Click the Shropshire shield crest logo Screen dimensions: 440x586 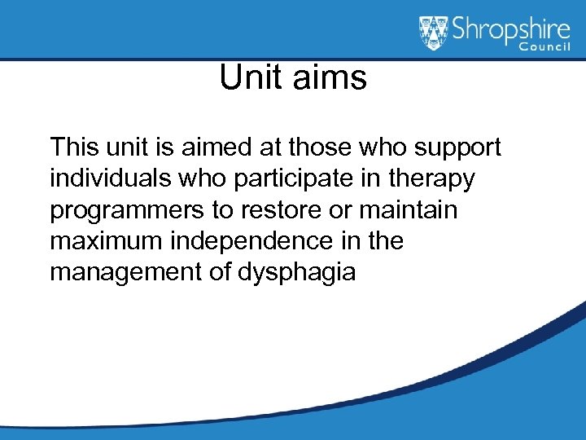pos(435,33)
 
